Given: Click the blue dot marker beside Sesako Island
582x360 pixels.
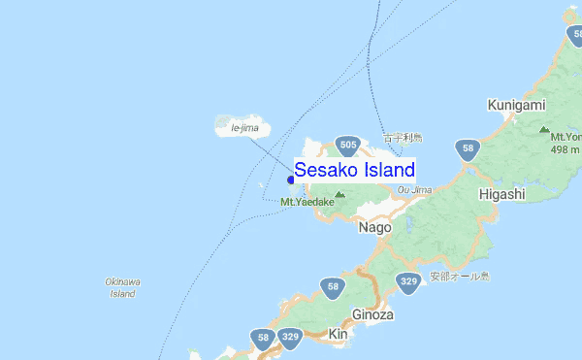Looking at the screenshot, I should pyautogui.click(x=291, y=179).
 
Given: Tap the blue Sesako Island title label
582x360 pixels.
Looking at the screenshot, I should pyautogui.click(x=355, y=170).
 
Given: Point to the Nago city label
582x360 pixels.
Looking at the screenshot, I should pyautogui.click(x=374, y=227).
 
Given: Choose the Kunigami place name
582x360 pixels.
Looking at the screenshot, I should pyautogui.click(x=516, y=104).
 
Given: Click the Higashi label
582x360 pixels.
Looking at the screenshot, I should pyautogui.click(x=501, y=194).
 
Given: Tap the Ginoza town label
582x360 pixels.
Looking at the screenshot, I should pyautogui.click(x=372, y=314).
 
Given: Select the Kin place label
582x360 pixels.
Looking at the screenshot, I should pyautogui.click(x=339, y=334).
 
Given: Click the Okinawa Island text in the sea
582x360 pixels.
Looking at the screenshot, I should pyautogui.click(x=122, y=287).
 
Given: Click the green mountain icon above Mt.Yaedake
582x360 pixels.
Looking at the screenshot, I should pyautogui.click(x=339, y=194).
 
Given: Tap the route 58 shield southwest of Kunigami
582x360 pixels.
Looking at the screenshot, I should pyautogui.click(x=468, y=149).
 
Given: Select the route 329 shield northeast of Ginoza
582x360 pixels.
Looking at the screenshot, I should pyautogui.click(x=408, y=282).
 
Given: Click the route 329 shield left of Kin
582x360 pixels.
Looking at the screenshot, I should pyautogui.click(x=289, y=338).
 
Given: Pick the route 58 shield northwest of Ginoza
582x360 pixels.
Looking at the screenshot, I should pyautogui.click(x=333, y=286).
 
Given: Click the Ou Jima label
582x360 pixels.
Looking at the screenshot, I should pyautogui.click(x=414, y=190).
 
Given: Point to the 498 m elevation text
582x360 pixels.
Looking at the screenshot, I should pyautogui.click(x=565, y=148).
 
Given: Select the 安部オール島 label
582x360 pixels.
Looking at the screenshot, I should pyautogui.click(x=461, y=276).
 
